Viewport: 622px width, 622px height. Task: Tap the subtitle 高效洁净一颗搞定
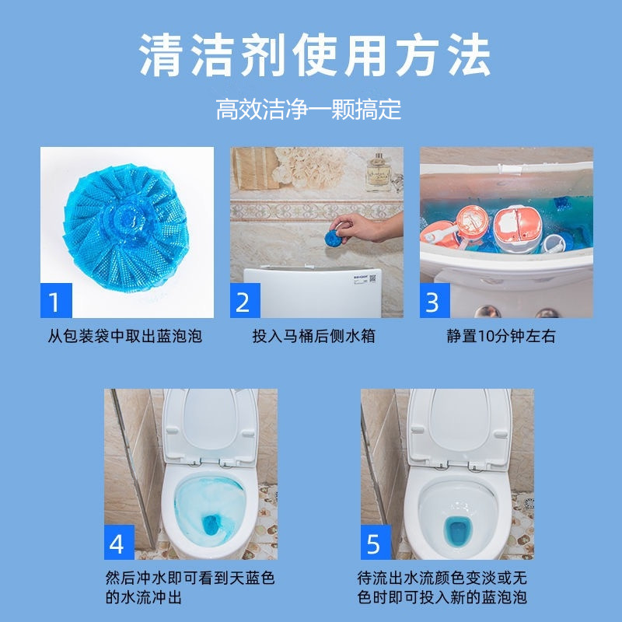pyautogui.click(x=309, y=109)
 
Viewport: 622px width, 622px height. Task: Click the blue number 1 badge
pyautogui.click(x=55, y=302)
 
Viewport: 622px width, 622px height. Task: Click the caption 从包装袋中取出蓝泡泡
pyautogui.click(x=125, y=337)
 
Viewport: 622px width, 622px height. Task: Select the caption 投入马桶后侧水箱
pyautogui.click(x=314, y=337)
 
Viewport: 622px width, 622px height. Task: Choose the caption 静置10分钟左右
pyautogui.click(x=501, y=337)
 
